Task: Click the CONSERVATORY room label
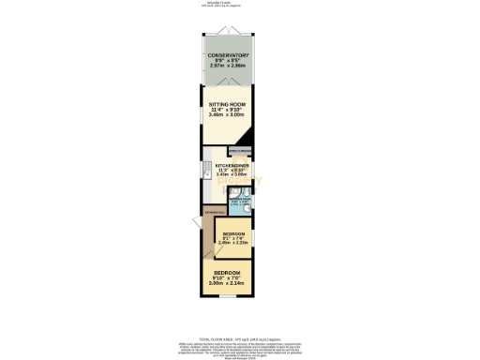click(x=229, y=55)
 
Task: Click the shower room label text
click(x=238, y=199)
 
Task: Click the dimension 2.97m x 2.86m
click(x=229, y=67)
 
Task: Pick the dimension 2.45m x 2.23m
click(x=232, y=242)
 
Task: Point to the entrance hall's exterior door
click(x=199, y=234)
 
